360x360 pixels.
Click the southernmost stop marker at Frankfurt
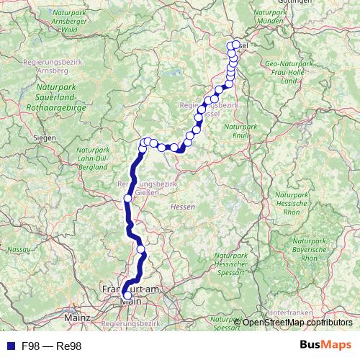pos(127,295)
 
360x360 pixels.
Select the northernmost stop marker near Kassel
pos(236,45)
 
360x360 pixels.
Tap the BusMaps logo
pos(325,346)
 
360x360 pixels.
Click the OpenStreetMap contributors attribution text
pos(297,323)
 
